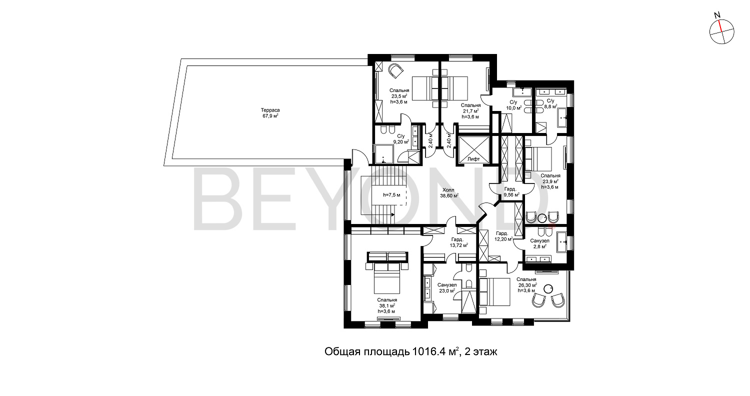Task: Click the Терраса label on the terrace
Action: [x=270, y=110]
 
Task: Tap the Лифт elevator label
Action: [x=473, y=159]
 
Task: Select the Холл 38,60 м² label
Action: [x=449, y=193]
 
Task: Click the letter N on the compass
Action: [x=717, y=24]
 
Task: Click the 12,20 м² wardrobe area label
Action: [x=503, y=239]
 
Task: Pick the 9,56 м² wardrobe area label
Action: [x=511, y=194]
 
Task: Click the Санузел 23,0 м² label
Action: [x=447, y=288]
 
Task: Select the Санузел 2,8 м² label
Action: [x=539, y=243]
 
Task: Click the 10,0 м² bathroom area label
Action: [x=514, y=108]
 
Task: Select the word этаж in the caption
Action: [x=485, y=352]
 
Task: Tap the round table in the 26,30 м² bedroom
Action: [x=548, y=288]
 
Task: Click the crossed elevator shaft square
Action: [x=473, y=146]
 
